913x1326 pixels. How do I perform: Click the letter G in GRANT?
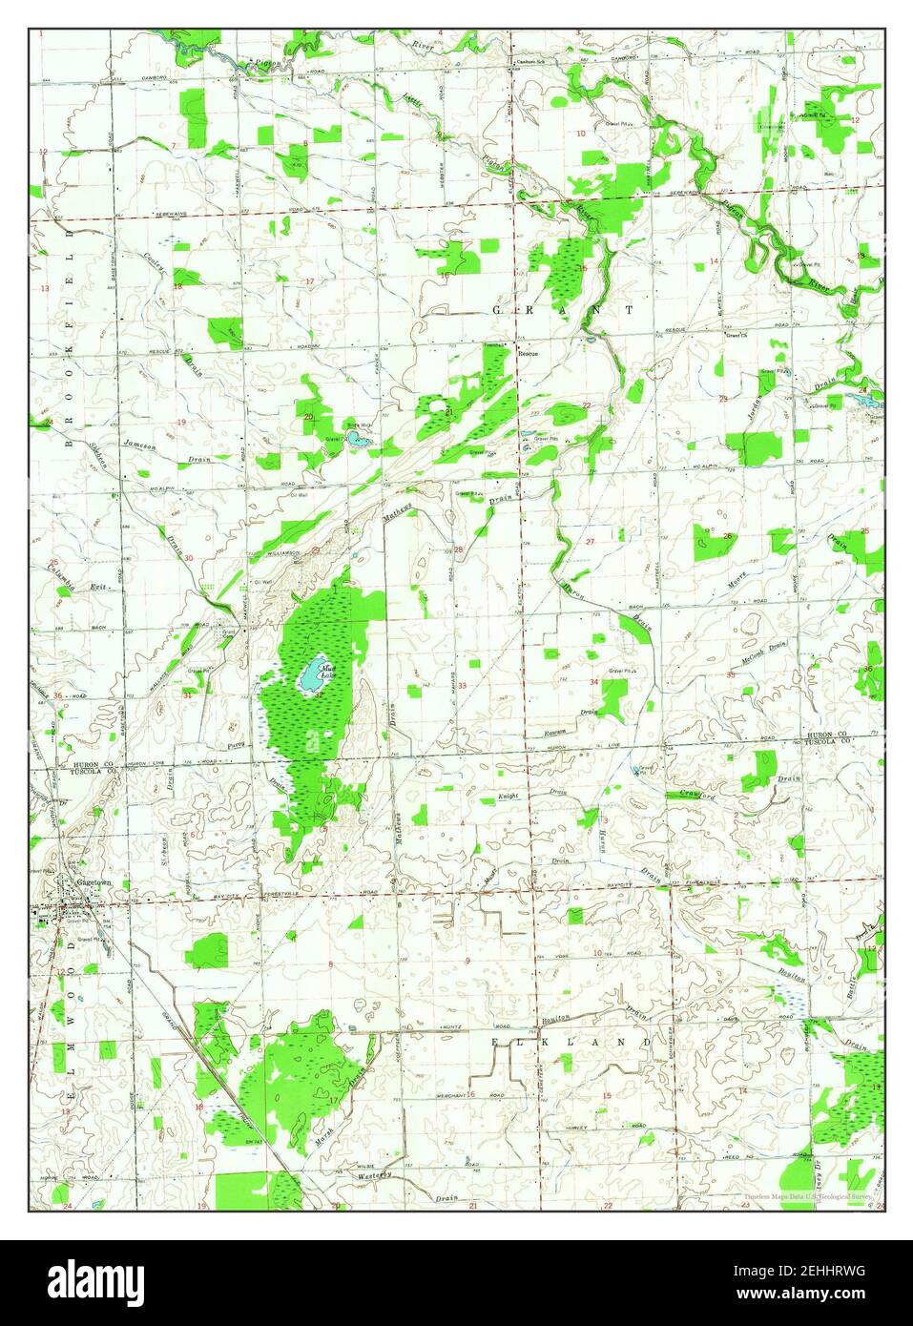click(x=497, y=311)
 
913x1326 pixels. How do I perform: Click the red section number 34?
click(x=593, y=681)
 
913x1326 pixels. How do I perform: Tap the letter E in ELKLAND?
click(x=495, y=1043)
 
